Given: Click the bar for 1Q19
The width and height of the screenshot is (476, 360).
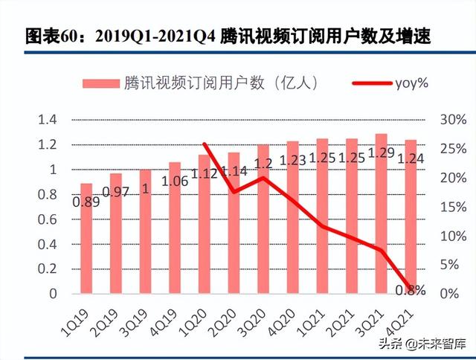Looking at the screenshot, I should click(x=86, y=238).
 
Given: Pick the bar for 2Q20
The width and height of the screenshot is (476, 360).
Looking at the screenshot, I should click(x=234, y=223).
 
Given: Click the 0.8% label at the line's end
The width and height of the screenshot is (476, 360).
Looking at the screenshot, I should click(x=411, y=289).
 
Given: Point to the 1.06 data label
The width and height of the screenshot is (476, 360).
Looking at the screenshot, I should click(x=174, y=179).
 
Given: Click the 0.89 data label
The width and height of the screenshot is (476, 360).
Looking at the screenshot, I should click(x=86, y=201).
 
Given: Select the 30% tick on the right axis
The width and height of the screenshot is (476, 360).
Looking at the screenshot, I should click(x=453, y=120).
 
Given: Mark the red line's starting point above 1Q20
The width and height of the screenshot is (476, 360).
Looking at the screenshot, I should click(x=205, y=144).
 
